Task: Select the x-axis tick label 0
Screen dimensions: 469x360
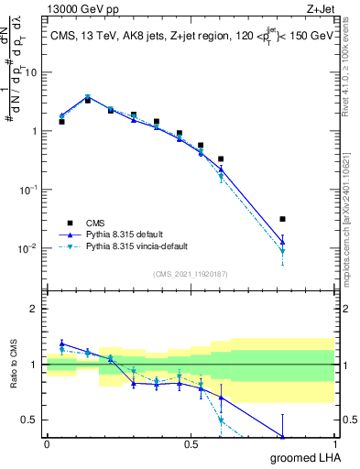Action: point(47,443)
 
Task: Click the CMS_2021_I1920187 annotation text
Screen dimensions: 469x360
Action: point(190,275)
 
